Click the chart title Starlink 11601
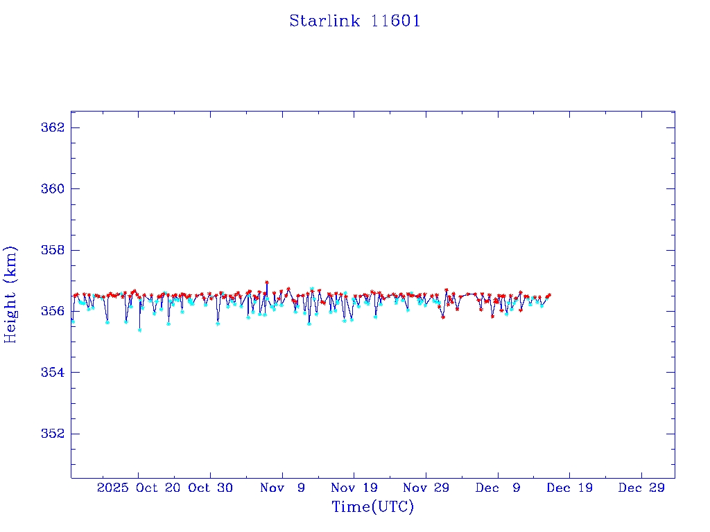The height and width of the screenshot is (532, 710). click(x=355, y=21)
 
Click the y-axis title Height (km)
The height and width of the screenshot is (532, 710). click(x=11, y=294)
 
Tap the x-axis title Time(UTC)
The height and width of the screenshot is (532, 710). click(x=373, y=507)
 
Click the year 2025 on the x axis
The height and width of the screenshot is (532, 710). click(x=113, y=488)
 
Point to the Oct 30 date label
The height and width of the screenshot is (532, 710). click(x=211, y=488)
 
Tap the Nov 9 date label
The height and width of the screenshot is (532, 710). click(x=282, y=488)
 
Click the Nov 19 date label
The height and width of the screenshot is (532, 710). click(x=354, y=488)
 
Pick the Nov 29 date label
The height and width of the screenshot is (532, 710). click(x=426, y=488)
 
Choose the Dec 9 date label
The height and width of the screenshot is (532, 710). click(x=498, y=488)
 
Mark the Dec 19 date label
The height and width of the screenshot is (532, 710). click(x=570, y=488)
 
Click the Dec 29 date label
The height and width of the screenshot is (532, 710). click(x=642, y=488)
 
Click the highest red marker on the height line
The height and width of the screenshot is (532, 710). click(x=267, y=283)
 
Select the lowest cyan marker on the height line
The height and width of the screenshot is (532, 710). click(x=139, y=330)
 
